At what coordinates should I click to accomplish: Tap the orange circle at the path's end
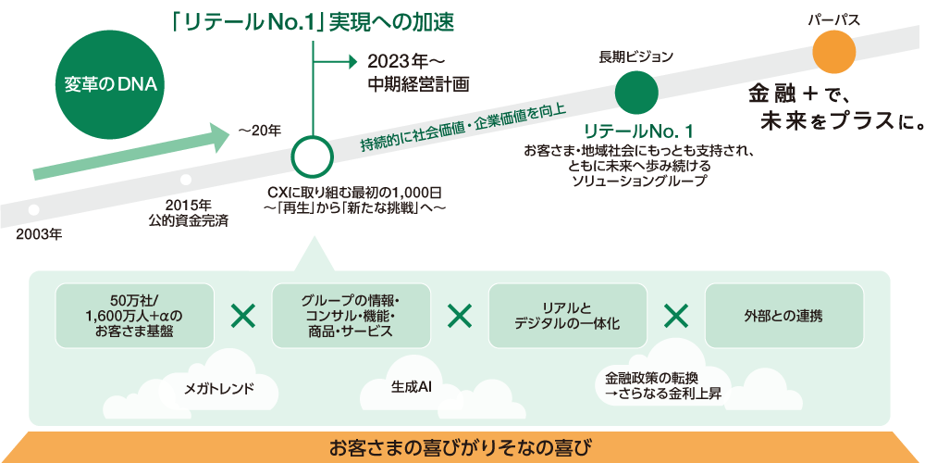click(835, 51)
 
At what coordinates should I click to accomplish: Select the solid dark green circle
click(636, 92)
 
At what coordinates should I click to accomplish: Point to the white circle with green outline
click(313, 156)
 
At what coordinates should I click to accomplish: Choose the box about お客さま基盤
click(134, 316)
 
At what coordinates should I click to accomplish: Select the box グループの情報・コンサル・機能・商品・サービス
click(351, 316)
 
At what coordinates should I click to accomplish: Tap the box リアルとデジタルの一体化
click(567, 316)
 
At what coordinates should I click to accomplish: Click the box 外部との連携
click(783, 316)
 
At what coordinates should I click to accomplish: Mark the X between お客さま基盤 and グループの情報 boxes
click(242, 316)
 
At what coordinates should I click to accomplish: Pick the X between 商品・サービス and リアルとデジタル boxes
click(459, 316)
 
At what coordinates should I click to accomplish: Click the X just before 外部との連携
click(676, 316)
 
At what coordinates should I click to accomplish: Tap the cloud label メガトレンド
click(219, 388)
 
